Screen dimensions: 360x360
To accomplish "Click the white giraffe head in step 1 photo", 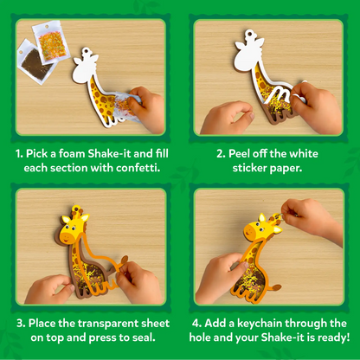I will click(84, 60).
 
